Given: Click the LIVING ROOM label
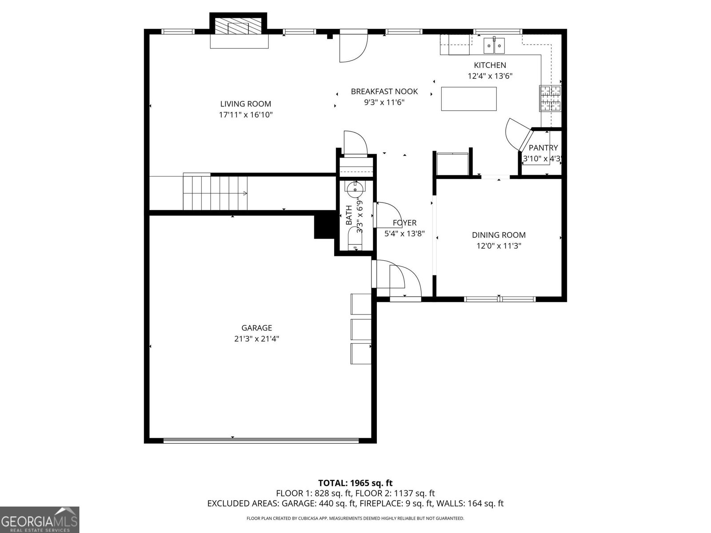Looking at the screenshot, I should click(245, 104).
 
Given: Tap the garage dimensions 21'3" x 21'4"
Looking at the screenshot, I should click(256, 338).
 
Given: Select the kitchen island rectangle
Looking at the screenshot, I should click(469, 99).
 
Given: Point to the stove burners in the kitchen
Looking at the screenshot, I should click(550, 98).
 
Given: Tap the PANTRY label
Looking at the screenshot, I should click(543, 148).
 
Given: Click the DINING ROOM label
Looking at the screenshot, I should click(499, 235).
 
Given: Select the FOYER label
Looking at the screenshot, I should click(404, 223).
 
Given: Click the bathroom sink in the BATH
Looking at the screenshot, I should click(355, 188).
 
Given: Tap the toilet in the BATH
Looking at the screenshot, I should click(355, 242).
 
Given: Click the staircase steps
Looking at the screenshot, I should click(216, 193).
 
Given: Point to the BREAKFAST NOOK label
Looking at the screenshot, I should click(384, 91).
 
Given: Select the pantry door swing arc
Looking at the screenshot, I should click(515, 133).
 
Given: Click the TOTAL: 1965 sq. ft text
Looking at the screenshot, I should click(355, 483).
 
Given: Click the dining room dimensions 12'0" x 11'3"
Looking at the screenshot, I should click(499, 246).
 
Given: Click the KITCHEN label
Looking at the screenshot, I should click(490, 65).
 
